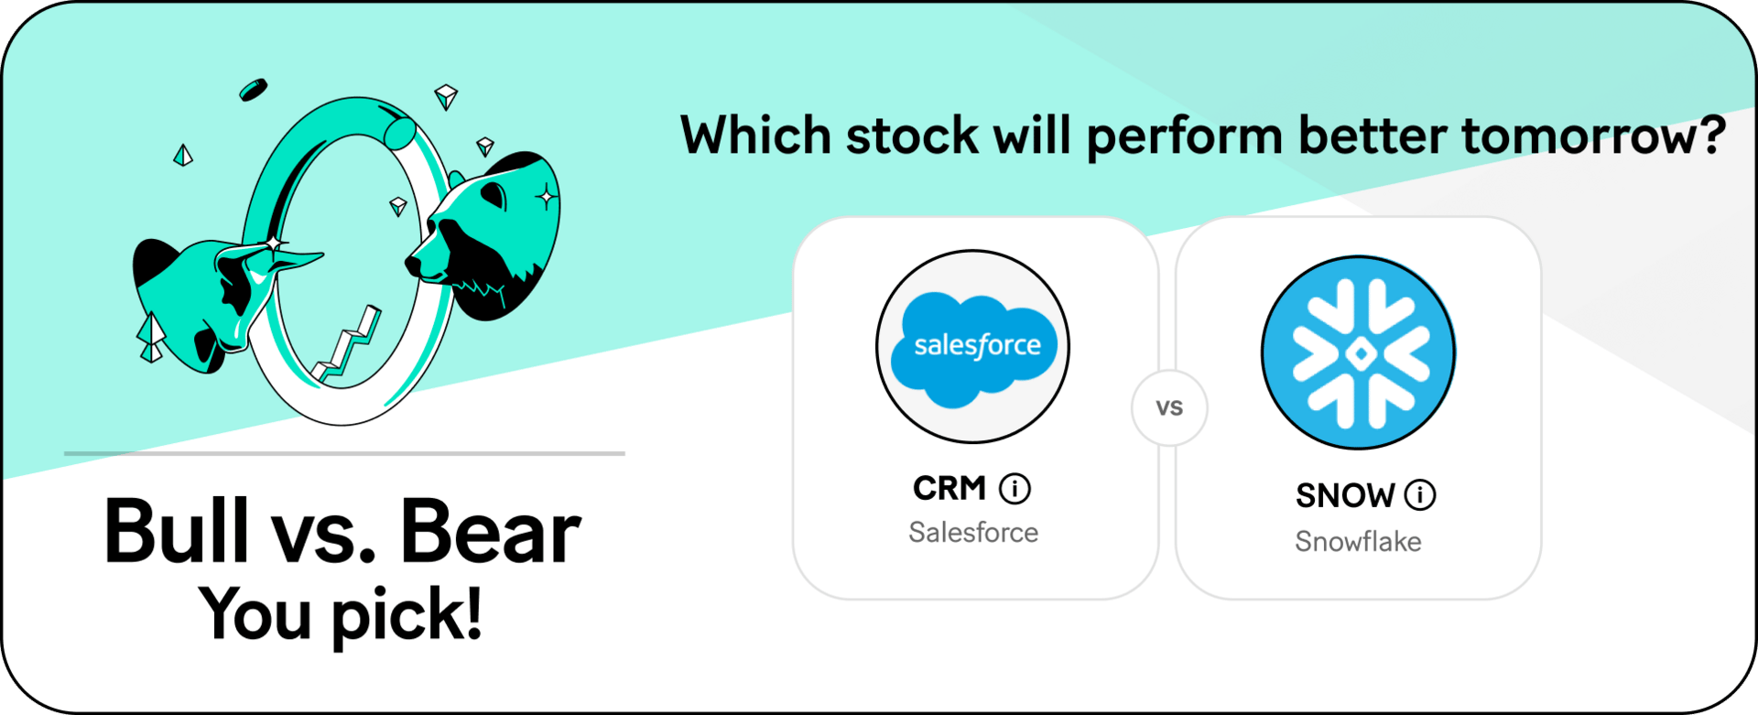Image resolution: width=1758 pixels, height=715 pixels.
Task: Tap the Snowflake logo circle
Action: pyautogui.click(x=1358, y=352)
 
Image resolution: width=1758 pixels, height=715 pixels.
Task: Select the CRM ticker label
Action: pyautogui.click(x=950, y=489)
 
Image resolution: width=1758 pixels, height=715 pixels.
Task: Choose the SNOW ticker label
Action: pyautogui.click(x=1345, y=495)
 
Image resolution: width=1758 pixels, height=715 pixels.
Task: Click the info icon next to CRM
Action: pyautogui.click(x=1015, y=489)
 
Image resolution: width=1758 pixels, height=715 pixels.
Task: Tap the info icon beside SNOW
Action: pyautogui.click(x=1420, y=495)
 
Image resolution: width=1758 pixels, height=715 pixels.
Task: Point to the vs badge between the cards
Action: pyautogui.click(x=1169, y=407)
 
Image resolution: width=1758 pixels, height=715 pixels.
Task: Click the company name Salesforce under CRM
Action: pyautogui.click(x=973, y=532)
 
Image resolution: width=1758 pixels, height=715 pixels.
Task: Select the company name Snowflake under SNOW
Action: pyautogui.click(x=1358, y=541)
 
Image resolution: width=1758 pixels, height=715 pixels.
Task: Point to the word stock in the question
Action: pyautogui.click(x=912, y=135)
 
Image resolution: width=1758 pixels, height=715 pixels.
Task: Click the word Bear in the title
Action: pyautogui.click(x=491, y=531)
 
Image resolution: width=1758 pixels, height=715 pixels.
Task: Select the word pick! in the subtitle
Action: pyautogui.click(x=407, y=614)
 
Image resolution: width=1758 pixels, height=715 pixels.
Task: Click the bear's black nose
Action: pyautogui.click(x=413, y=265)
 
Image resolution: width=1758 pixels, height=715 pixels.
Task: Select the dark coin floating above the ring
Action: pyautogui.click(x=253, y=90)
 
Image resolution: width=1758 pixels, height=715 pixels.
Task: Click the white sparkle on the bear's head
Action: pyautogui.click(x=547, y=197)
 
